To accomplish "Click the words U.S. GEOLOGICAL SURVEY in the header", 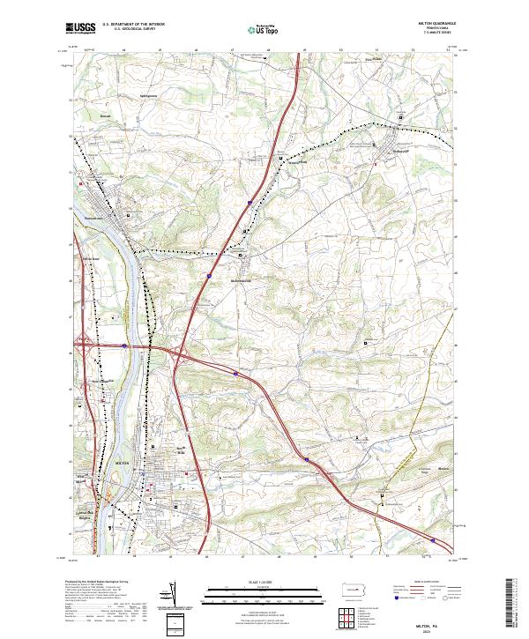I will pos(129,28).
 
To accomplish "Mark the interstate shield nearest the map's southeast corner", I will pos(433,539).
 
